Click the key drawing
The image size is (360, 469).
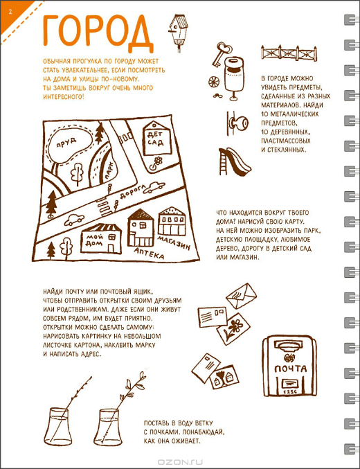(220, 54)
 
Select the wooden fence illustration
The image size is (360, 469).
(289, 53)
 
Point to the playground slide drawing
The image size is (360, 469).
(234, 161)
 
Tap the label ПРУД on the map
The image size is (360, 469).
(66, 143)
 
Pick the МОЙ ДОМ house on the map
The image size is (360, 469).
(102, 238)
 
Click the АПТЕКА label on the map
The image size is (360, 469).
(149, 253)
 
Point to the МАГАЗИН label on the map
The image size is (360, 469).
(174, 242)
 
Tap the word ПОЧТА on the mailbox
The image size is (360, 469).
(290, 369)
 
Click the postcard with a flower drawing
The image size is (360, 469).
(233, 328)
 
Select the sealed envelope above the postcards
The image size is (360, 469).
(242, 296)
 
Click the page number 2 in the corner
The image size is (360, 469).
(10, 12)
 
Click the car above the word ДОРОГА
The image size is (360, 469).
(154, 187)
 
